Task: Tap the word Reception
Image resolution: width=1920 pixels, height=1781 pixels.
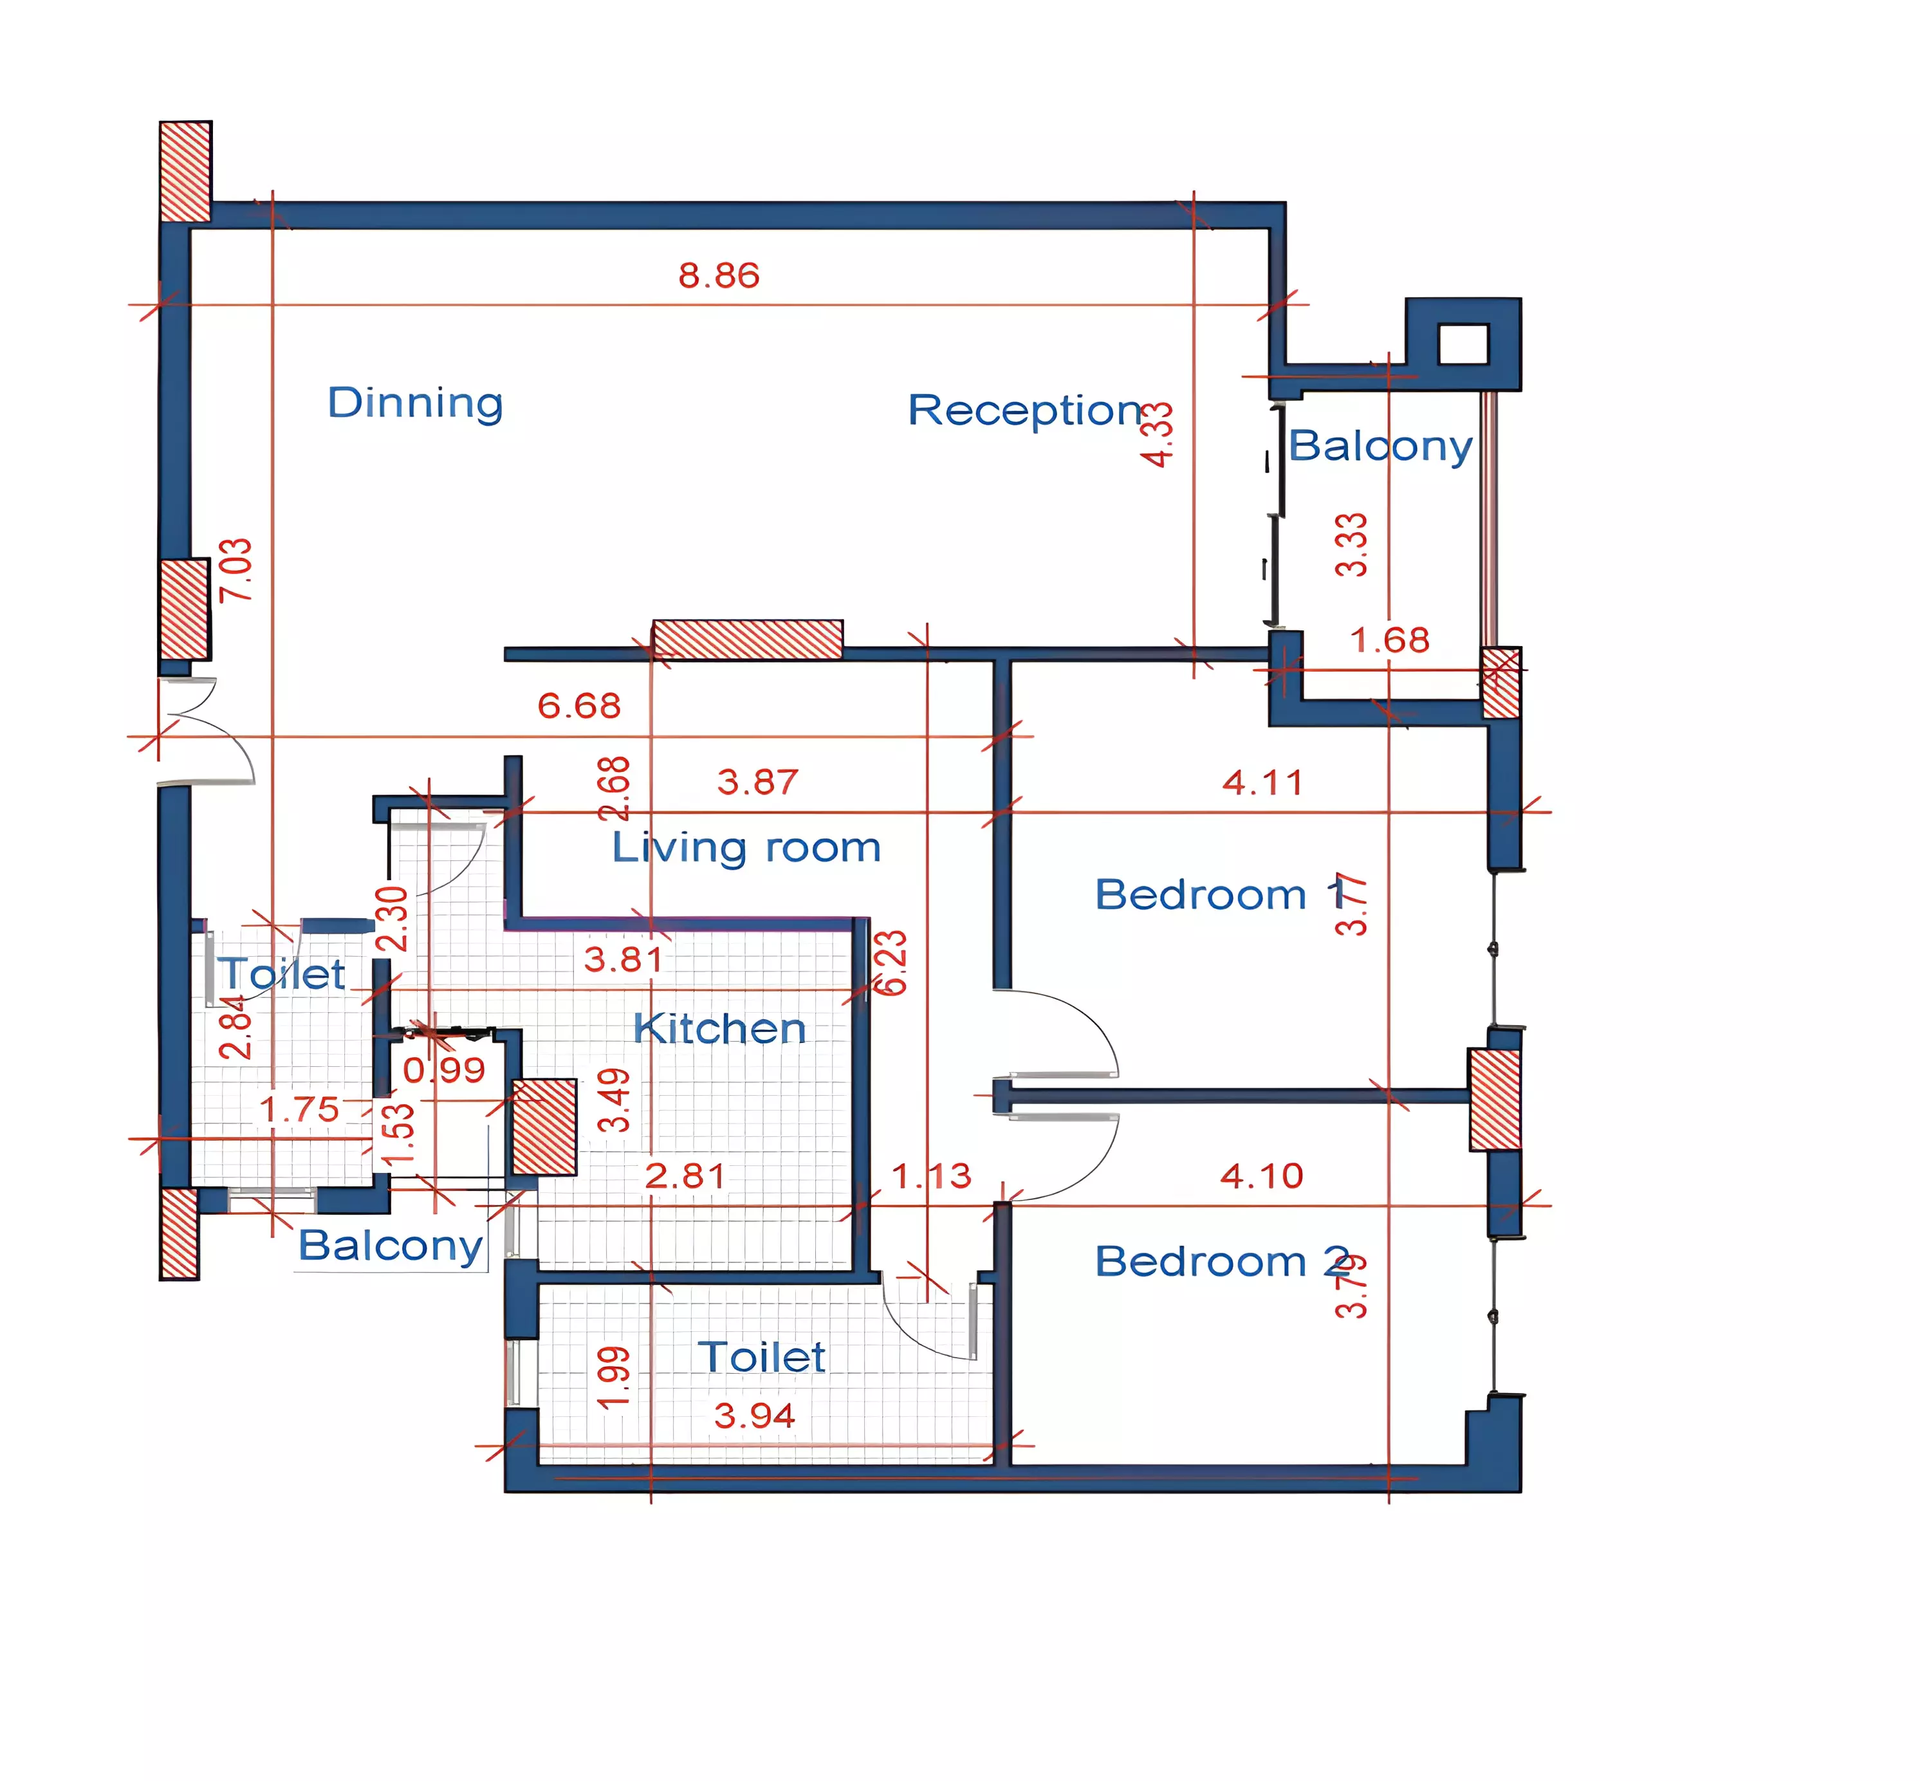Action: click(1024, 411)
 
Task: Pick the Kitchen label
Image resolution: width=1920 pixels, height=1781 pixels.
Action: click(719, 1029)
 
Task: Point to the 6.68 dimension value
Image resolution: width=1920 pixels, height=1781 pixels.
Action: click(578, 705)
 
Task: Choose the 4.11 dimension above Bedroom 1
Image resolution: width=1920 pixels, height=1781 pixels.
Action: click(1262, 782)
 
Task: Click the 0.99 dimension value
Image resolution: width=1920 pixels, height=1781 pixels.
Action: click(443, 1070)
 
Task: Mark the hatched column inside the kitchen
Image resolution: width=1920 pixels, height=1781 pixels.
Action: click(544, 1127)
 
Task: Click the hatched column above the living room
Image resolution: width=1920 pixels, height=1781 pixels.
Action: click(747, 639)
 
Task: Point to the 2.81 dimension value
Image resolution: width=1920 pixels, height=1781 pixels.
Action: click(685, 1176)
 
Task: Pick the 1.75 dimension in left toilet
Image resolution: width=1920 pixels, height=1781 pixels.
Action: click(300, 1109)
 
